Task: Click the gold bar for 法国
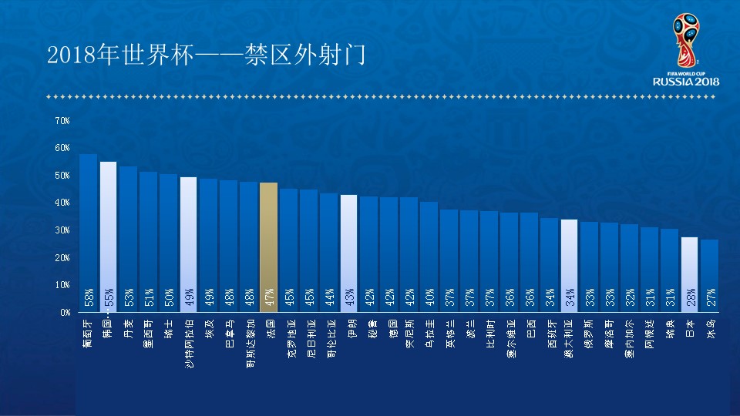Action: tap(268, 247)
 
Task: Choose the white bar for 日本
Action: tap(689, 273)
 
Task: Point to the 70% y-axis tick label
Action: tap(62, 121)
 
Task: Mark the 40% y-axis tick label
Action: tap(62, 203)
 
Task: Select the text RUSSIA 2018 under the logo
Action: tap(685, 81)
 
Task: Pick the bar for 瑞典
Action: tap(669, 270)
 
